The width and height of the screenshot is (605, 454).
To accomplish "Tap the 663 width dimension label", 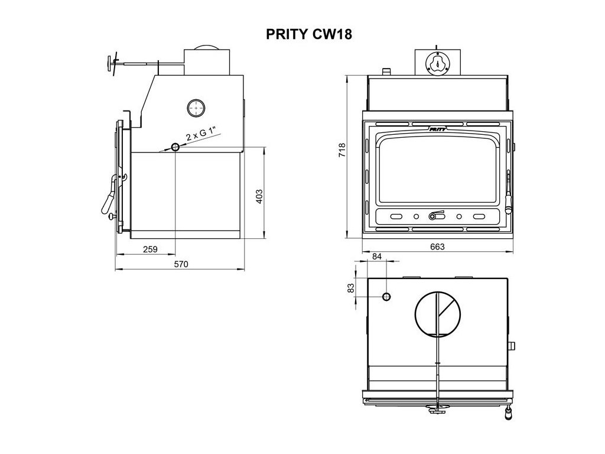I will (x=437, y=247).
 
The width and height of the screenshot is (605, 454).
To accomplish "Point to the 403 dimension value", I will (x=258, y=196).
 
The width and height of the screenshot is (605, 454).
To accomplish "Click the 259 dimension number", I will (x=150, y=249).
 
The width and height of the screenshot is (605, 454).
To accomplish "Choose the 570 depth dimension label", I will (x=181, y=264).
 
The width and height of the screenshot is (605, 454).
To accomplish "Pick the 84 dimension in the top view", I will (x=378, y=256).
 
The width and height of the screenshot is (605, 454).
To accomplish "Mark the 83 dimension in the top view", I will (x=350, y=288).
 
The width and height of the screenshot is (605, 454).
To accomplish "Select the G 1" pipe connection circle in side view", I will (x=175, y=147).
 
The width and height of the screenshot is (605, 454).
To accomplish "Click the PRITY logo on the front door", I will (x=437, y=127).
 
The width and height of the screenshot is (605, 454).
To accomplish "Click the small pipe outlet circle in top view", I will (x=386, y=296).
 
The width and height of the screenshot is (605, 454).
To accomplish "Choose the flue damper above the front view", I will (x=438, y=63).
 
